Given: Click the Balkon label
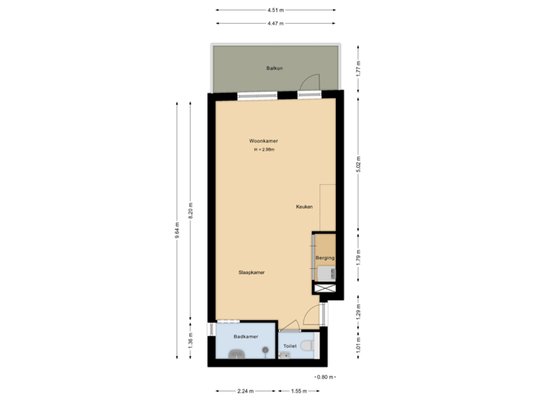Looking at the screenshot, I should coord(274,68).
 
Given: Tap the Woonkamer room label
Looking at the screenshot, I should coord(264,140).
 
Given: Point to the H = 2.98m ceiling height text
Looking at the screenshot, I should coord(264,150).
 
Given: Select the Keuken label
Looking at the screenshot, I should coord(304,207).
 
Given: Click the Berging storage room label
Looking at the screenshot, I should coord(325,258).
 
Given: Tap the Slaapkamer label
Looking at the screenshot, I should coord(252,273).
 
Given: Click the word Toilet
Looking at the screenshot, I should coord(290,345).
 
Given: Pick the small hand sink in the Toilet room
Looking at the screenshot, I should coord(285,356).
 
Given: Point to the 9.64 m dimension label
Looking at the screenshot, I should coord(176,232).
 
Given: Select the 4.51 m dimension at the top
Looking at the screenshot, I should coord(274,10).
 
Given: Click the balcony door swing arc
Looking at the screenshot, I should coord(314,80).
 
